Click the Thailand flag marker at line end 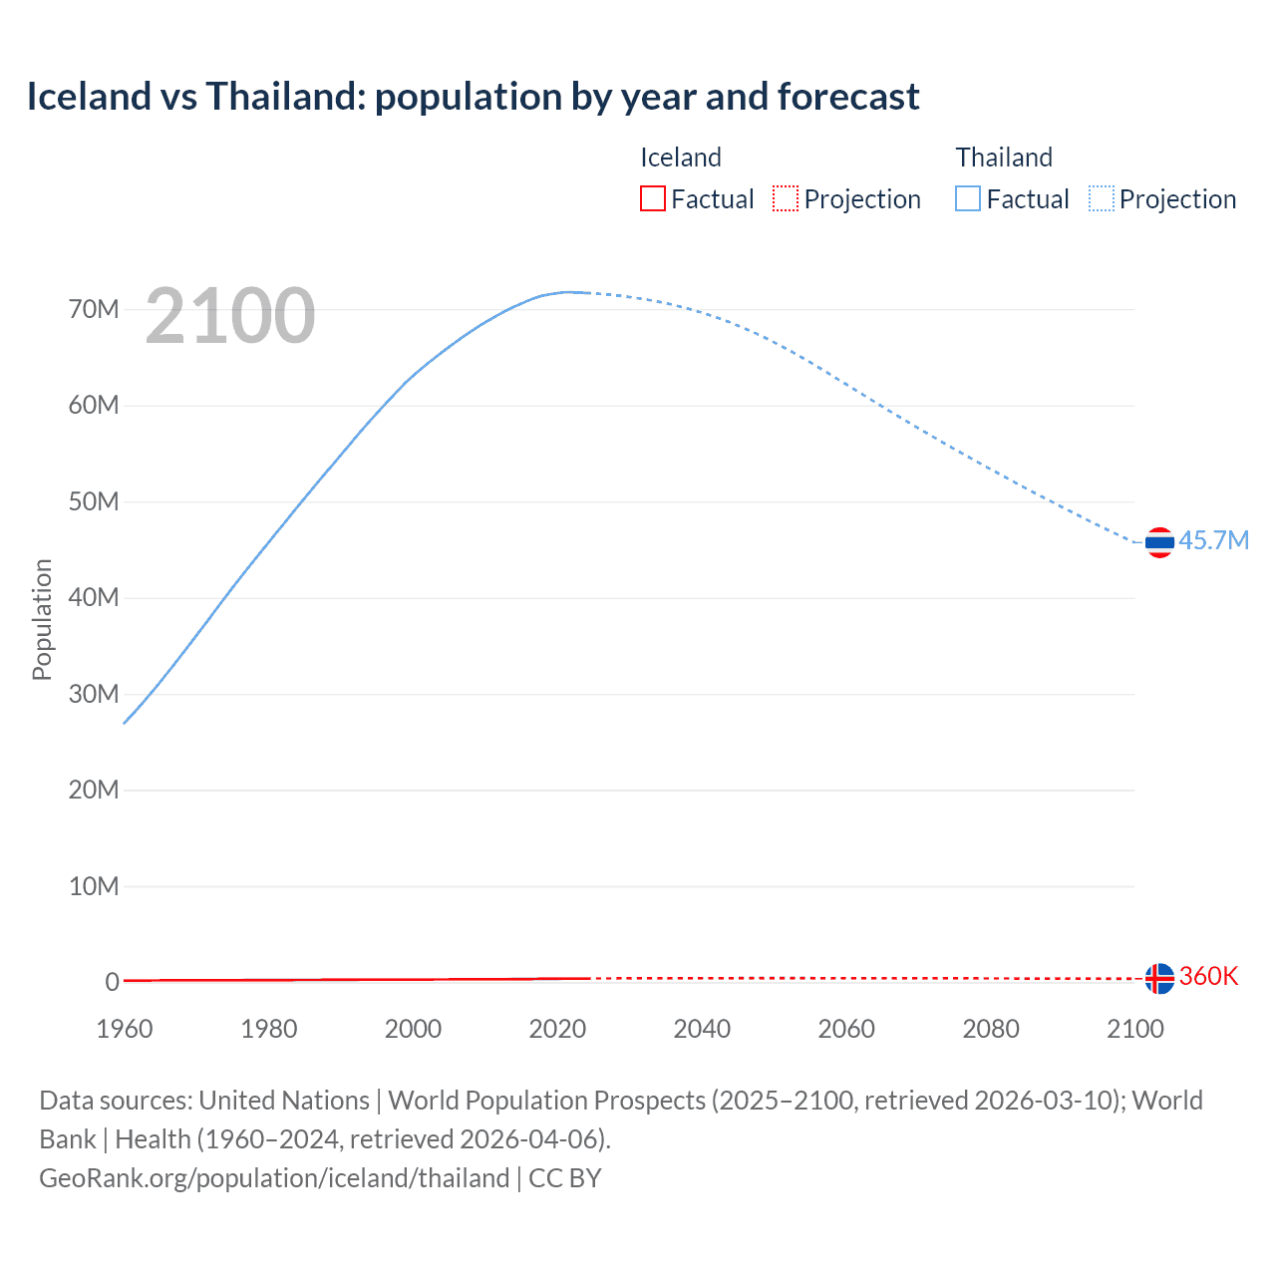click(x=1159, y=542)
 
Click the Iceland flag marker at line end click(x=1159, y=978)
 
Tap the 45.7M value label click(x=1213, y=540)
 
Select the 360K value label click(x=1208, y=976)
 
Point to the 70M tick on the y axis click(x=94, y=309)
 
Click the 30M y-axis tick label click(x=94, y=694)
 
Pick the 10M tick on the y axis click(x=94, y=886)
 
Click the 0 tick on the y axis click(x=112, y=982)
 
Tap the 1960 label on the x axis click(x=125, y=1029)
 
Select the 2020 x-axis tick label click(x=557, y=1029)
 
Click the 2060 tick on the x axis click(x=846, y=1029)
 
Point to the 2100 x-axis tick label click(x=1134, y=1029)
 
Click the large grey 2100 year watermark click(x=230, y=316)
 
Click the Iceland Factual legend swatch click(x=653, y=199)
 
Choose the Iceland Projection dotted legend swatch click(x=786, y=199)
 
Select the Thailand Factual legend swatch click(x=968, y=199)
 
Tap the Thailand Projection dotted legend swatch click(x=1102, y=199)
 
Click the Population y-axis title click(x=42, y=619)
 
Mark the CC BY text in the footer click(x=565, y=1178)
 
